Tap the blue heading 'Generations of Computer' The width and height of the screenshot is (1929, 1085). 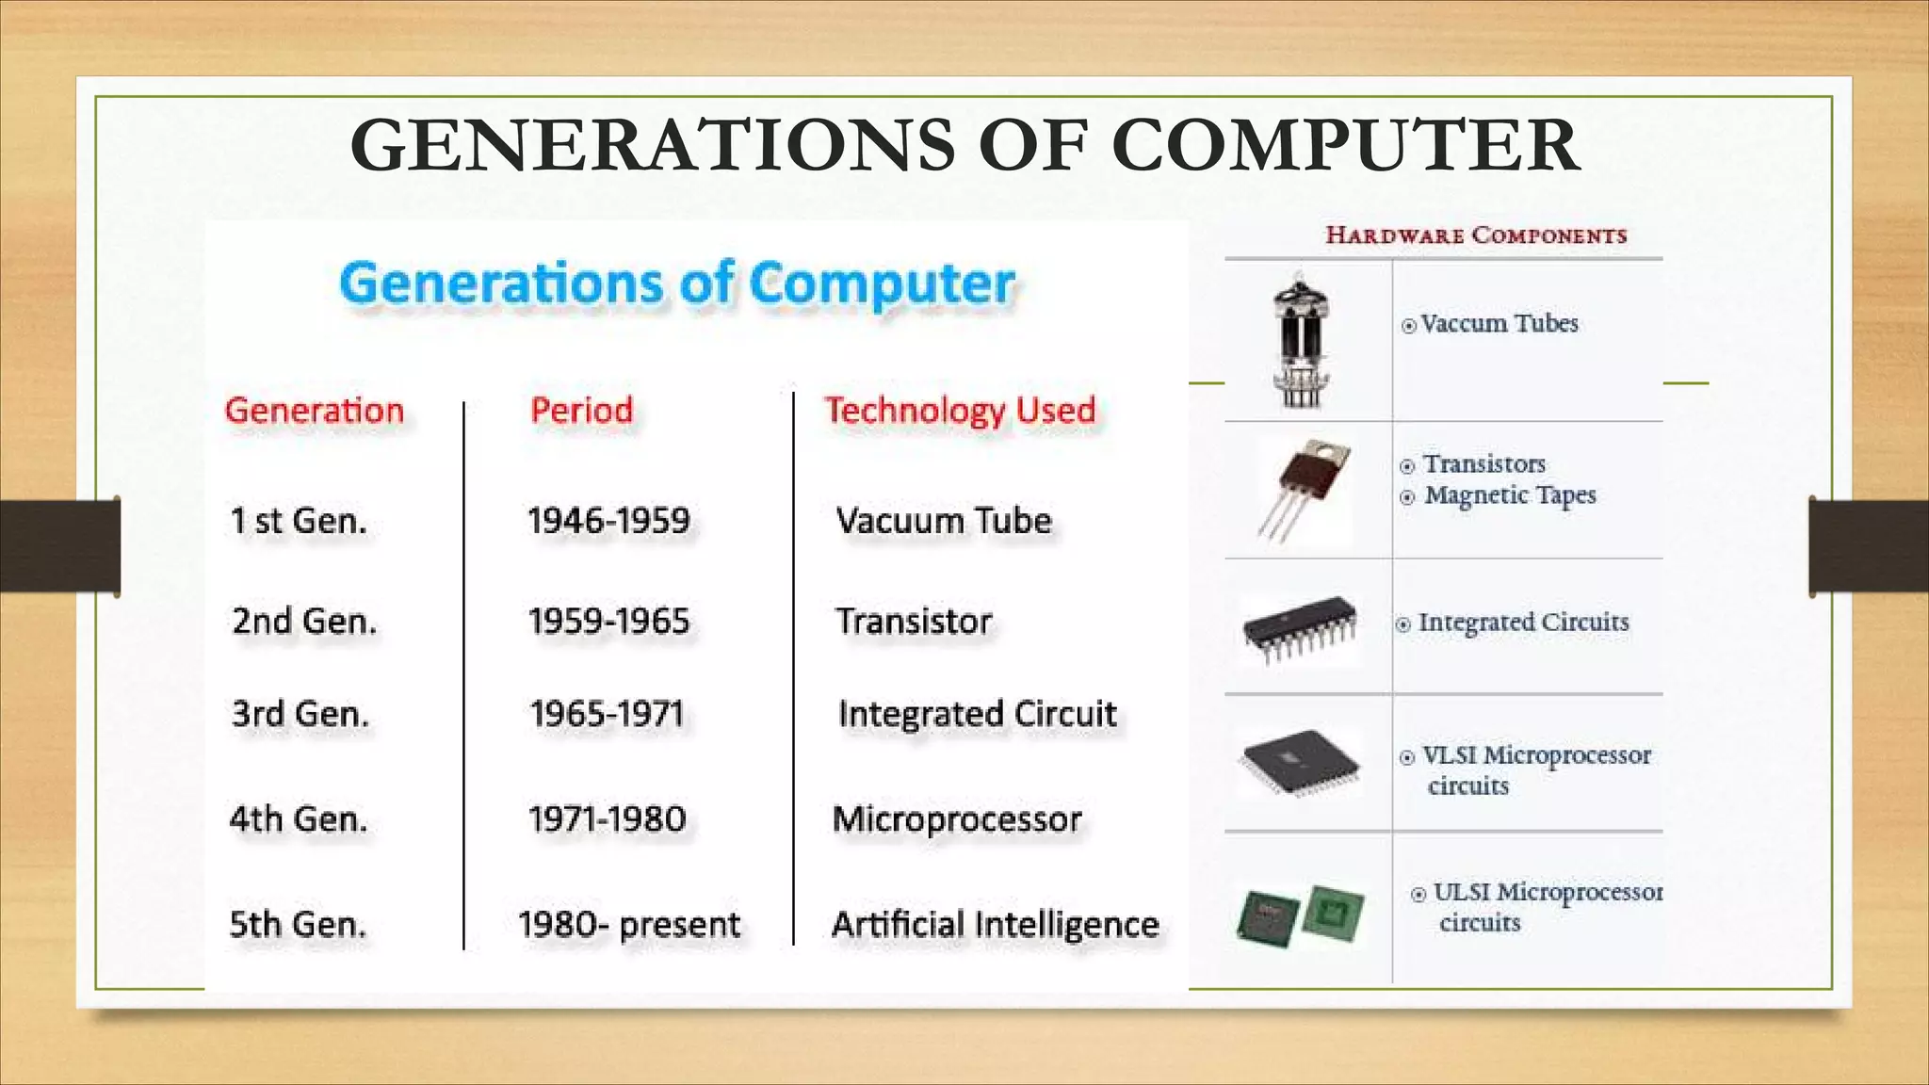(x=677, y=283)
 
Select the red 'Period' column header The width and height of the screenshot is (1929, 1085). (x=581, y=411)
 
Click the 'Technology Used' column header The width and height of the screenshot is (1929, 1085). (x=960, y=411)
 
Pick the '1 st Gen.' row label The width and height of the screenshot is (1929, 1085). (x=299, y=521)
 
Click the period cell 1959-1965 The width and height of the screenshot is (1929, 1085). (x=608, y=622)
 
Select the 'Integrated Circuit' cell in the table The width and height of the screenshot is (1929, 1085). (x=977, y=714)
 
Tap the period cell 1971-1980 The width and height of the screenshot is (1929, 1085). (x=607, y=819)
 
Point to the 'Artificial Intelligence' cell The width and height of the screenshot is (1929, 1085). (x=995, y=925)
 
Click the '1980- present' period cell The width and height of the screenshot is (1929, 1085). (x=629, y=925)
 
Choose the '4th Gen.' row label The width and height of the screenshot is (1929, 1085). (x=298, y=819)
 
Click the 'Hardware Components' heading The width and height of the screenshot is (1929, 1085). (x=1476, y=235)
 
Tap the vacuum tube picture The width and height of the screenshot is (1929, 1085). (x=1301, y=341)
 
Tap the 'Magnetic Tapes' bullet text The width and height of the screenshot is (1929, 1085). (x=1510, y=495)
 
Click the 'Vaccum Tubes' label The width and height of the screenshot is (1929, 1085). (x=1499, y=324)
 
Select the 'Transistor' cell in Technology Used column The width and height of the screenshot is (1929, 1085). (x=914, y=622)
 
